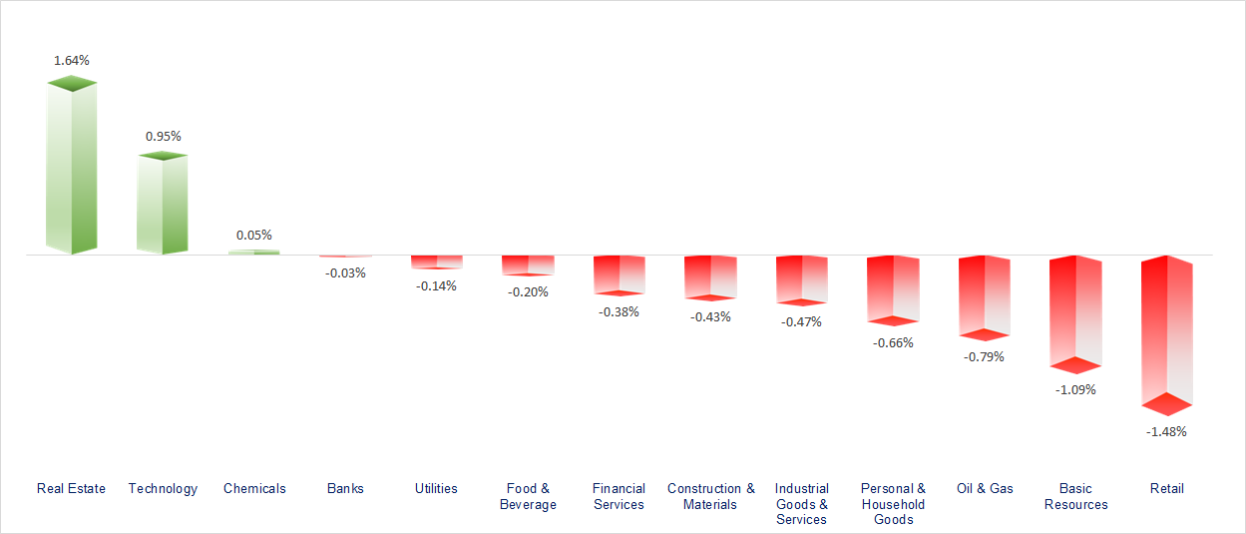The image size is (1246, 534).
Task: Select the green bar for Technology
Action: (x=162, y=205)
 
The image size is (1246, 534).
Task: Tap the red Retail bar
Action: (x=1166, y=334)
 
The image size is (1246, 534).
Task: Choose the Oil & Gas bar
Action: (x=984, y=297)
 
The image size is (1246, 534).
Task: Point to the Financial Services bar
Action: (x=619, y=274)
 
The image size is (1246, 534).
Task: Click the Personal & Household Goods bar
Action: (x=893, y=289)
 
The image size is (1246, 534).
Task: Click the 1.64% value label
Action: (x=71, y=60)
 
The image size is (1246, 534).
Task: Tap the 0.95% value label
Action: (x=164, y=136)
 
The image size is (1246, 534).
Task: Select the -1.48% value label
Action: (x=1166, y=431)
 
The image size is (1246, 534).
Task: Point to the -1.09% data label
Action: (x=1075, y=389)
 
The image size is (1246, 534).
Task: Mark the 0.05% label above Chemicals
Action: (x=254, y=235)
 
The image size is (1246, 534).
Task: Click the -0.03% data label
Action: (x=345, y=272)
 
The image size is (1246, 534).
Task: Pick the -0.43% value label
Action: (x=710, y=316)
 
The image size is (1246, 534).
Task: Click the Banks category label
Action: (x=345, y=488)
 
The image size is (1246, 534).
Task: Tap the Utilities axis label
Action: (x=436, y=488)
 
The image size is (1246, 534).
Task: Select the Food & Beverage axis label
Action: (x=528, y=496)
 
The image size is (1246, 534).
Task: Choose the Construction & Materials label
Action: (x=710, y=496)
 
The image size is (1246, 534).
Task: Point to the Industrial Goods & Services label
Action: (x=801, y=504)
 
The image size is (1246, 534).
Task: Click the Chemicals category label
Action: (x=254, y=488)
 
